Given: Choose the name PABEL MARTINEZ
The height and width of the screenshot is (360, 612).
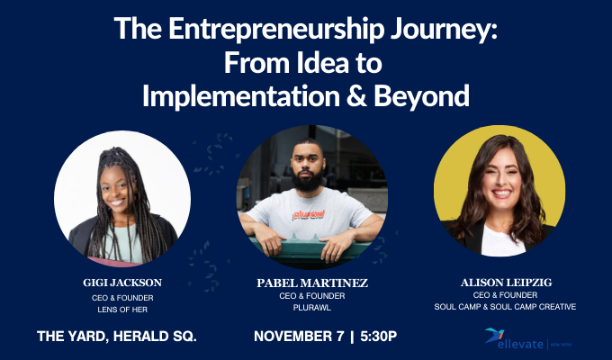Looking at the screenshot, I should (306, 283).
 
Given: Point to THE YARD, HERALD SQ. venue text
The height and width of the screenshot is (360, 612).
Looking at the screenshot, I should (117, 337).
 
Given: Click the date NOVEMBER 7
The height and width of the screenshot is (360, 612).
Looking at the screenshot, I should (302, 337).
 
